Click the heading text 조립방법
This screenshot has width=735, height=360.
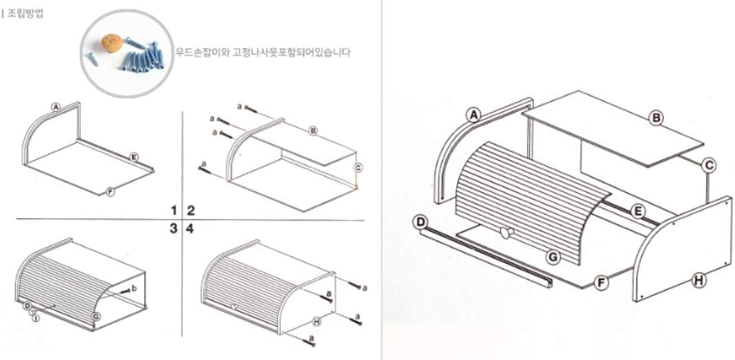click(23, 12)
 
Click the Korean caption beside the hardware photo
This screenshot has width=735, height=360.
click(262, 52)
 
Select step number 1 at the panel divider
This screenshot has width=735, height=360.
click(174, 210)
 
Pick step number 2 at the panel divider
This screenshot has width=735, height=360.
click(191, 210)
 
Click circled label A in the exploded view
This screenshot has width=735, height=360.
click(474, 114)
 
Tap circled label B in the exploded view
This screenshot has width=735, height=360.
click(656, 117)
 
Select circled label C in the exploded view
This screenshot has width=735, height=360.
click(708, 165)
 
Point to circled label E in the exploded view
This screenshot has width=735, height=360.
click(637, 212)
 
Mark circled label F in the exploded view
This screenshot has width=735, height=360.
click(600, 282)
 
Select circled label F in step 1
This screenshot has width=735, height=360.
click(109, 191)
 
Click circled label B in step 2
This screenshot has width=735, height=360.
click(313, 132)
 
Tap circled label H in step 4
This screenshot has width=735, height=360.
click(317, 321)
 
